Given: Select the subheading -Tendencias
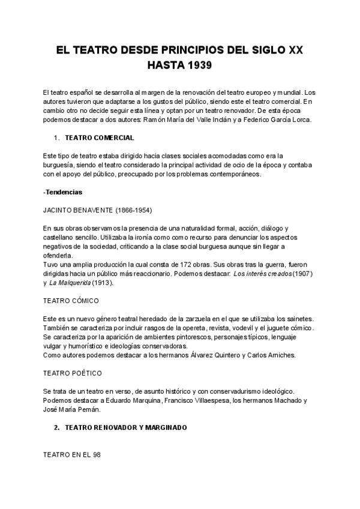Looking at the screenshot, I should coord(63,192).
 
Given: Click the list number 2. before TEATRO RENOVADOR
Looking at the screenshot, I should coord(56,427).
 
